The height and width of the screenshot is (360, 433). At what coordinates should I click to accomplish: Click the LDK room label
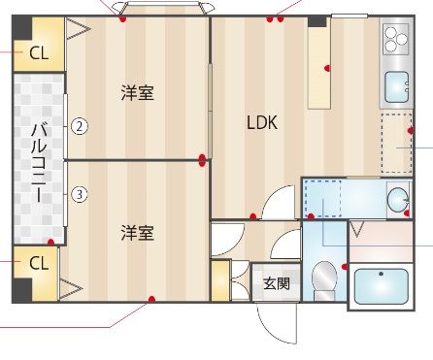click(x=262, y=123)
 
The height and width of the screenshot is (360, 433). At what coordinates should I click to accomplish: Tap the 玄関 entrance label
click(x=276, y=284)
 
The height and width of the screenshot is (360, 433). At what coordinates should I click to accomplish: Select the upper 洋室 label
click(x=137, y=93)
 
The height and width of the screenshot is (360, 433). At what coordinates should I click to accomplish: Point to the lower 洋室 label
click(x=137, y=233)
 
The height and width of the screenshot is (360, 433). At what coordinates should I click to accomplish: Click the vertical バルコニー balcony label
click(x=39, y=162)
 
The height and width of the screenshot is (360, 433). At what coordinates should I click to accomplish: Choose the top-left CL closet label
click(x=39, y=53)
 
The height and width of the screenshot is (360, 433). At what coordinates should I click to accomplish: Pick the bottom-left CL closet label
click(x=39, y=263)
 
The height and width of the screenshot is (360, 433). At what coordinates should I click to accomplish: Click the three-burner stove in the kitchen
click(x=395, y=39)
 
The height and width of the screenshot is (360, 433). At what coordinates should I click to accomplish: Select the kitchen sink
click(x=396, y=87)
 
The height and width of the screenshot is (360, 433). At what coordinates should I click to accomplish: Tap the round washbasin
click(x=398, y=199)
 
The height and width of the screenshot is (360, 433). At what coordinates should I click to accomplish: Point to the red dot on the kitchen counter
click(x=327, y=68)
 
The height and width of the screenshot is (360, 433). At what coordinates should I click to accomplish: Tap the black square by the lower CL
click(x=21, y=290)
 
